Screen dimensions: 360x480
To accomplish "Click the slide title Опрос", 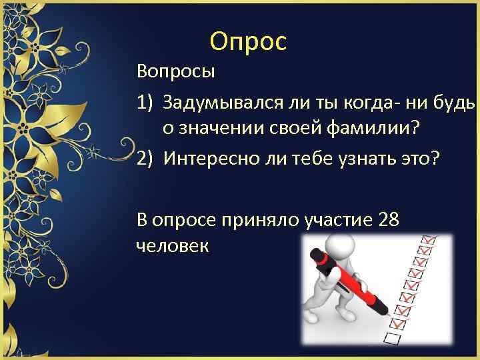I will click(x=247, y=41).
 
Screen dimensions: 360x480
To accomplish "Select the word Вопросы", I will click(x=176, y=70).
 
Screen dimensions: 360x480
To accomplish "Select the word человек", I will click(x=172, y=245).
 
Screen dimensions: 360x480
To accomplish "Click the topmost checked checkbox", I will click(x=430, y=239).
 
